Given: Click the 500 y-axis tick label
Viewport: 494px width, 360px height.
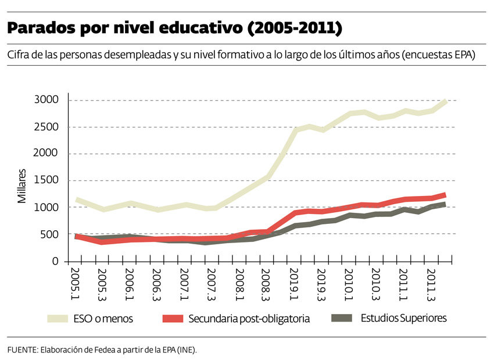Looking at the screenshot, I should point(52,234).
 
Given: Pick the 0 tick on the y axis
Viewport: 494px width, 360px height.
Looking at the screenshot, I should point(56,261).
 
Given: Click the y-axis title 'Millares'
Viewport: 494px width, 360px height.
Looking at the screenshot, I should point(22,186).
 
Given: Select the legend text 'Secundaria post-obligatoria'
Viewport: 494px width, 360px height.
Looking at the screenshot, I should point(249,319).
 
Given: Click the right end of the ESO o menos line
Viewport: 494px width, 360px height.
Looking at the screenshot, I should point(445,101).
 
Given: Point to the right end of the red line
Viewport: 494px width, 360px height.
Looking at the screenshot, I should point(445,195).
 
